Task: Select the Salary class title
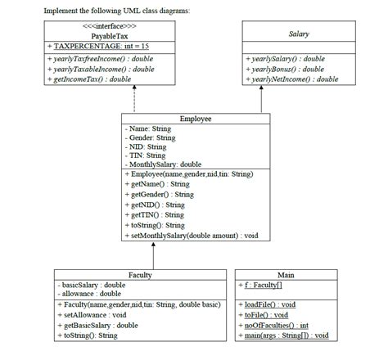tap(298, 34)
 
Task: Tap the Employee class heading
tap(196, 119)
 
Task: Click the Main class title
tap(286, 274)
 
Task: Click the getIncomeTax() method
tap(89, 79)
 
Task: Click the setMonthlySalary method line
tap(191, 235)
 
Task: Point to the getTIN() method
tap(154, 214)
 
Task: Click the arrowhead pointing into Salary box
tap(261, 88)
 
